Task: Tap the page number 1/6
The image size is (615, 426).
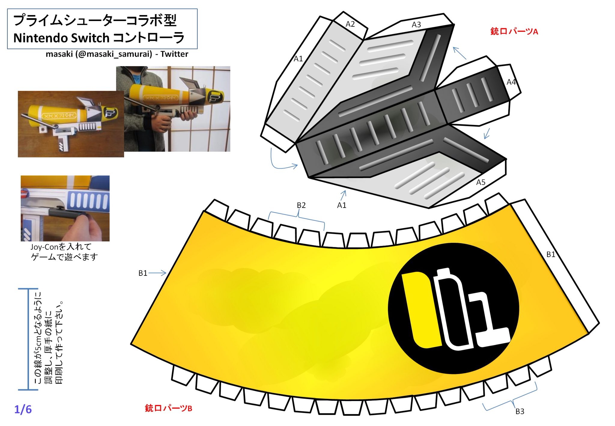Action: pos(23,409)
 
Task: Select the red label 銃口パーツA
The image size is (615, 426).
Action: pos(514,31)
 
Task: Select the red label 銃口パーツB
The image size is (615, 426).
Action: pos(168,408)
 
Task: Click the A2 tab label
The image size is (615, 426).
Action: pos(350,24)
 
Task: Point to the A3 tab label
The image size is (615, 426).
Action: pos(416,25)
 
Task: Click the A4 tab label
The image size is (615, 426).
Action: pos(511,82)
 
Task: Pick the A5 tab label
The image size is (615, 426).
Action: pos(480,182)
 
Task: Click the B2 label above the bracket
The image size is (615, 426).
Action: pos(301,205)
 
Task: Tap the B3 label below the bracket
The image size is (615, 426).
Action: pos(520,411)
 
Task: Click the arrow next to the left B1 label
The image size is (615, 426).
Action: pos(158,273)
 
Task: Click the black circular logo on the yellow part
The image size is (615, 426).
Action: pos(453,309)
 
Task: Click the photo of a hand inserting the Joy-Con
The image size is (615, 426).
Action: pos(65,208)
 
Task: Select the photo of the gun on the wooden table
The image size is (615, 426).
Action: pos(71,124)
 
